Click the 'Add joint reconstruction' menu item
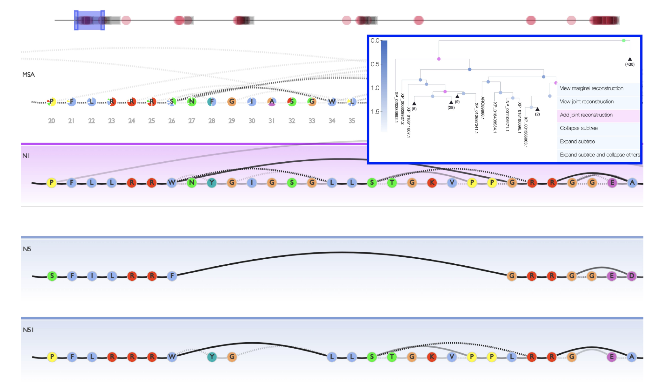586,115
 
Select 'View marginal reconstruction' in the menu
591,88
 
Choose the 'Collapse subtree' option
579,128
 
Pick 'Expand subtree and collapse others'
600,155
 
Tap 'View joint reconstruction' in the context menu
587,101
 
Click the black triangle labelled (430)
630,59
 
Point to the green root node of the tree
624,41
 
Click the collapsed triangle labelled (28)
451,102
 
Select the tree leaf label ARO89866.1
482,108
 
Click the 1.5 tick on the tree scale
375,112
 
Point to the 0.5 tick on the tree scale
375,64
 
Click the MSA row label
28,75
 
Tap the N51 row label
28,330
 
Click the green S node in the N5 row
52,276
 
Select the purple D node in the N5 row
631,276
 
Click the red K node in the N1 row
432,183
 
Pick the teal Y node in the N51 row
212,357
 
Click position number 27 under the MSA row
191,121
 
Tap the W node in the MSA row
332,102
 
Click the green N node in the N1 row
192,183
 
